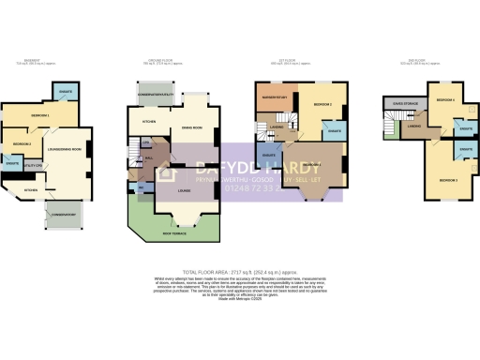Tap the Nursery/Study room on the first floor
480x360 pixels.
[274, 97]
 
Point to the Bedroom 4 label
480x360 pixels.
[444, 98]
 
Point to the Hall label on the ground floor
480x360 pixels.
[147, 158]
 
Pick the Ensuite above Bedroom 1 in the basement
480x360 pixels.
[66, 92]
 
